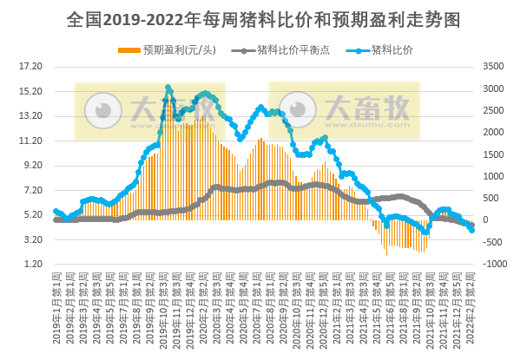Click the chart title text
[263, 18]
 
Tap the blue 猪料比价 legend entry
[391, 49]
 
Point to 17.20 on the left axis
[31, 66]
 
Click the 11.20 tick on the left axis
[31, 141]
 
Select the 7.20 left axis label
[31, 190]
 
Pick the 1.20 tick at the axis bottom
[31, 264]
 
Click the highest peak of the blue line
[168, 88]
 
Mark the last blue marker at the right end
[471, 229]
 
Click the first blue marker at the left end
[56, 211]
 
